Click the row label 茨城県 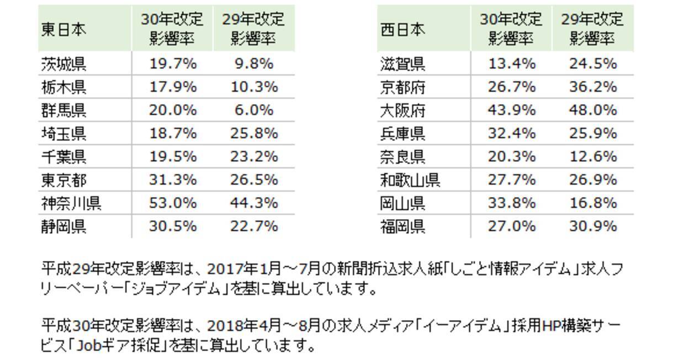click(x=64, y=65)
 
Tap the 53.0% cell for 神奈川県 click(x=172, y=203)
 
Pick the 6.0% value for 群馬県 click(x=253, y=110)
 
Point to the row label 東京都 click(x=64, y=180)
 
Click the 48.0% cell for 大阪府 click(x=592, y=110)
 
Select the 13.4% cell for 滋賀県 click(x=511, y=64)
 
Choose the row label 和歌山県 click(x=410, y=180)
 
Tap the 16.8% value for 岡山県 click(x=592, y=203)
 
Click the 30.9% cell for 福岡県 click(x=592, y=226)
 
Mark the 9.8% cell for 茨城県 click(x=253, y=64)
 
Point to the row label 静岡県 click(x=64, y=226)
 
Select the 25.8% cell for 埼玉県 click(x=253, y=133)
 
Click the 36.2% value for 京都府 click(x=592, y=87)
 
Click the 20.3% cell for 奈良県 click(x=511, y=156)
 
